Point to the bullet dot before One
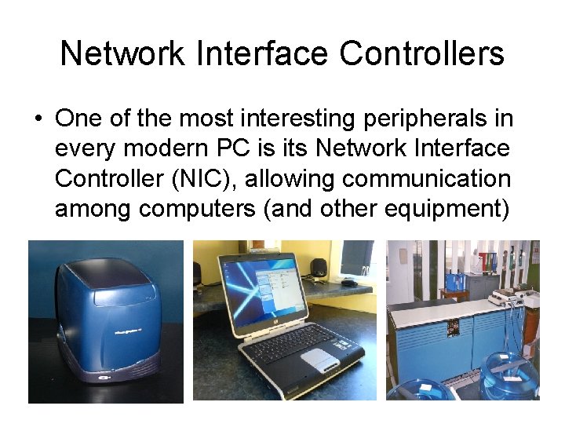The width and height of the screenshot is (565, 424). click(38, 119)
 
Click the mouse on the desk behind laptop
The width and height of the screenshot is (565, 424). click(349, 282)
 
